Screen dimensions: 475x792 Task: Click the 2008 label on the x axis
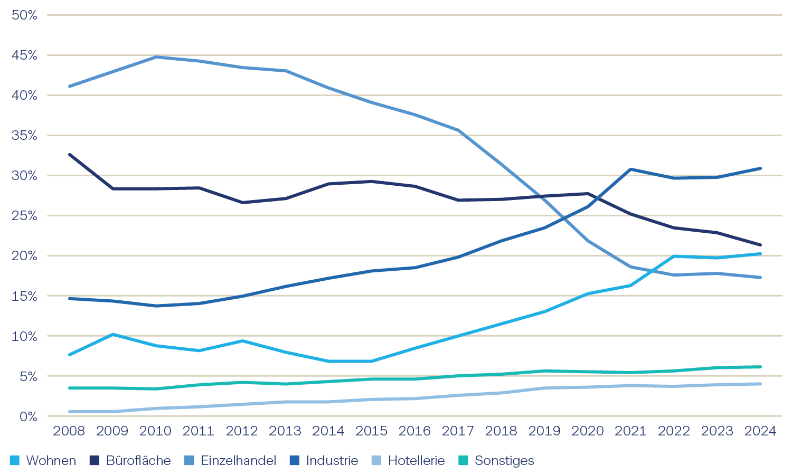click(69, 431)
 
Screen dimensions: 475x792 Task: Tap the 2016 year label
click(414, 431)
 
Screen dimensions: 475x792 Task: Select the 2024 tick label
click(760, 431)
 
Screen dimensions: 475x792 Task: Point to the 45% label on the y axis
click(24, 55)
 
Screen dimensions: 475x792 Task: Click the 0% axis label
click(28, 416)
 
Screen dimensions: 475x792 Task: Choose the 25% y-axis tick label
click(24, 216)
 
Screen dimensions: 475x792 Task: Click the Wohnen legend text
click(51, 461)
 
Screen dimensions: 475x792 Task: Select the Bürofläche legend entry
click(138, 461)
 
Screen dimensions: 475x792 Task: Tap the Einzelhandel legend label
click(238, 461)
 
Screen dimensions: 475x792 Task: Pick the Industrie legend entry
click(332, 461)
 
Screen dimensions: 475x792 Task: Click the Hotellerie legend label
click(416, 461)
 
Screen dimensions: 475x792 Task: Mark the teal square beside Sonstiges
click(463, 461)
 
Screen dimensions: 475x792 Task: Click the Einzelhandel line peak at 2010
click(156, 57)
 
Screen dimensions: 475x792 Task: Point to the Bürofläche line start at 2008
click(69, 155)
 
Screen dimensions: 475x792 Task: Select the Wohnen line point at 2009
click(112, 335)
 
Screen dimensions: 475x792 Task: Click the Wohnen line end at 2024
click(760, 254)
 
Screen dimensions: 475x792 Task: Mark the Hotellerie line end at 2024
click(760, 384)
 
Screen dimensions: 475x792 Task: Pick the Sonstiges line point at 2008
click(69, 388)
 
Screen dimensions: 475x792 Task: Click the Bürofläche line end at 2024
click(760, 245)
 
